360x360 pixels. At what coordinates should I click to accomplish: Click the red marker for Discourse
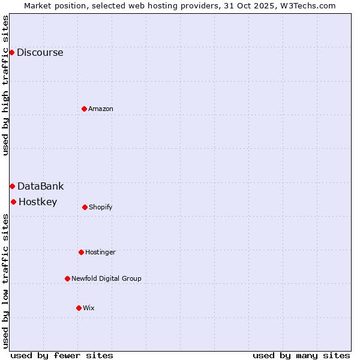[11, 52]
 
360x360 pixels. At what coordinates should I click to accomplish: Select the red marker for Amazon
[84, 109]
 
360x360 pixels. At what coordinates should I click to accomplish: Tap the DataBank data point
[12, 186]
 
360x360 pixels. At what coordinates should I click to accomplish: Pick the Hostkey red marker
[13, 202]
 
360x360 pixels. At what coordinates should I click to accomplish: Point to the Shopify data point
[85, 207]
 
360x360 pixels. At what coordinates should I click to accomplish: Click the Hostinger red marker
[81, 252]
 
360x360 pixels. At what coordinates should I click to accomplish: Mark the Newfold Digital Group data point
[67, 278]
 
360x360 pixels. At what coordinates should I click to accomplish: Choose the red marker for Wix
[79, 308]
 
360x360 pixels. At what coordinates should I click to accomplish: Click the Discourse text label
[40, 52]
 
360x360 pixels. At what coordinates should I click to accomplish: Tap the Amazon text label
[100, 109]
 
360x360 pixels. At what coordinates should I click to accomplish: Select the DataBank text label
[40, 186]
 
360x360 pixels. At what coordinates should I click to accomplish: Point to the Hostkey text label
[38, 202]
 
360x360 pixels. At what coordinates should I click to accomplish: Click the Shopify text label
[100, 207]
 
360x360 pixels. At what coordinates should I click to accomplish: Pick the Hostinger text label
[100, 252]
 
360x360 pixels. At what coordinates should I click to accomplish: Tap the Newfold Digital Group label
[106, 278]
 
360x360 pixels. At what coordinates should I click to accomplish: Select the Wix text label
[88, 308]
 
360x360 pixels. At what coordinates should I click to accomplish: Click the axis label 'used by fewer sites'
[62, 355]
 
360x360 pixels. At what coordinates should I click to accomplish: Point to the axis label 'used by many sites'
[301, 355]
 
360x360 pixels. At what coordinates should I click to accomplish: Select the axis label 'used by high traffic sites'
[5, 85]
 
